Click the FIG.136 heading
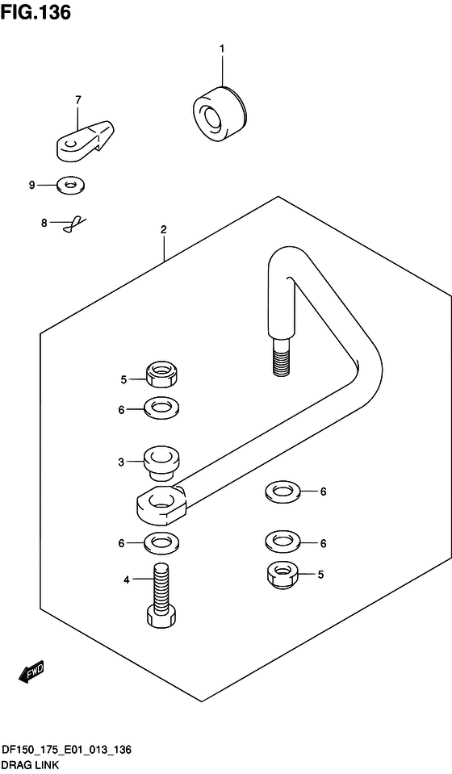click(36, 13)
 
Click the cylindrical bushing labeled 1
click(219, 112)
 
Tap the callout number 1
click(222, 49)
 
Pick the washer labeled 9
click(71, 185)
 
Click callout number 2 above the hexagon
click(163, 229)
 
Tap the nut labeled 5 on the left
click(162, 377)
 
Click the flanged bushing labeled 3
click(161, 463)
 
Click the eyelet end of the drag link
click(161, 506)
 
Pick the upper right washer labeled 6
click(282, 492)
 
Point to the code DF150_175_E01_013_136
click(67, 751)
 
